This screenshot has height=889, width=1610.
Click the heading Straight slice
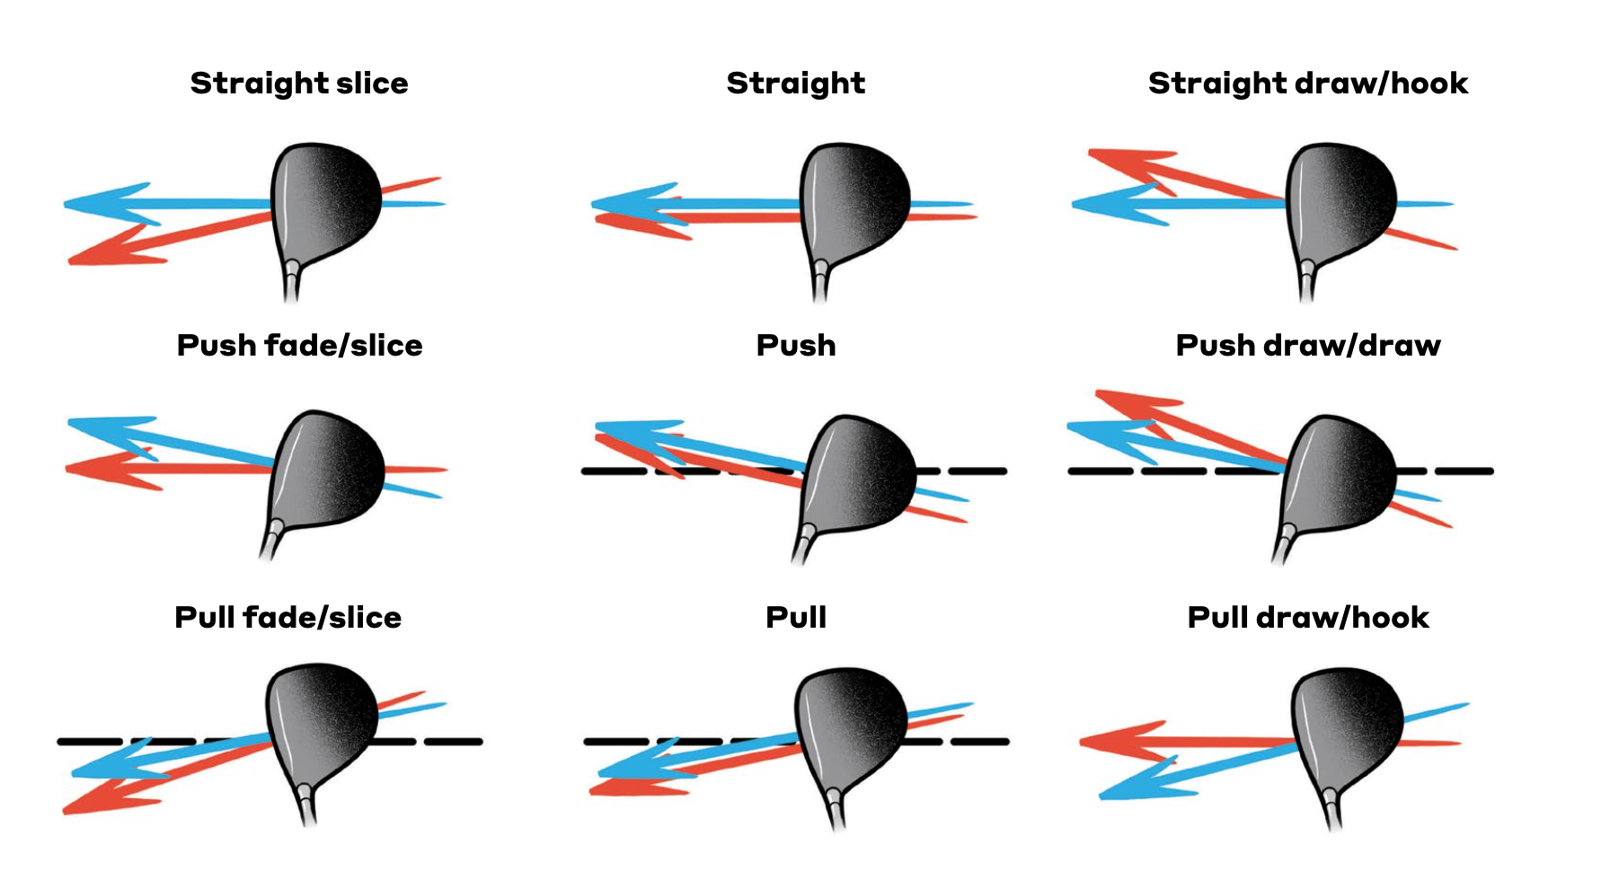(x=299, y=84)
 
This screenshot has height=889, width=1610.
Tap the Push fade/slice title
(x=299, y=346)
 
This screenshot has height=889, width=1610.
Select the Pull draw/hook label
(x=1307, y=618)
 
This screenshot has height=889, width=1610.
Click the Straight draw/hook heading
(x=1307, y=84)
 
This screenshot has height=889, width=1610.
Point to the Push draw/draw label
(x=1307, y=346)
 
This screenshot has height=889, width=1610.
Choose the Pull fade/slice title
(x=287, y=618)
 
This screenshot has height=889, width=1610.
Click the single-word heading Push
(x=796, y=346)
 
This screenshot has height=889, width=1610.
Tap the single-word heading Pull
(x=796, y=618)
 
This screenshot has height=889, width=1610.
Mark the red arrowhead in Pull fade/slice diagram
(x=103, y=799)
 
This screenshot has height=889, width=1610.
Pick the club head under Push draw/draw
(x=1339, y=471)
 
